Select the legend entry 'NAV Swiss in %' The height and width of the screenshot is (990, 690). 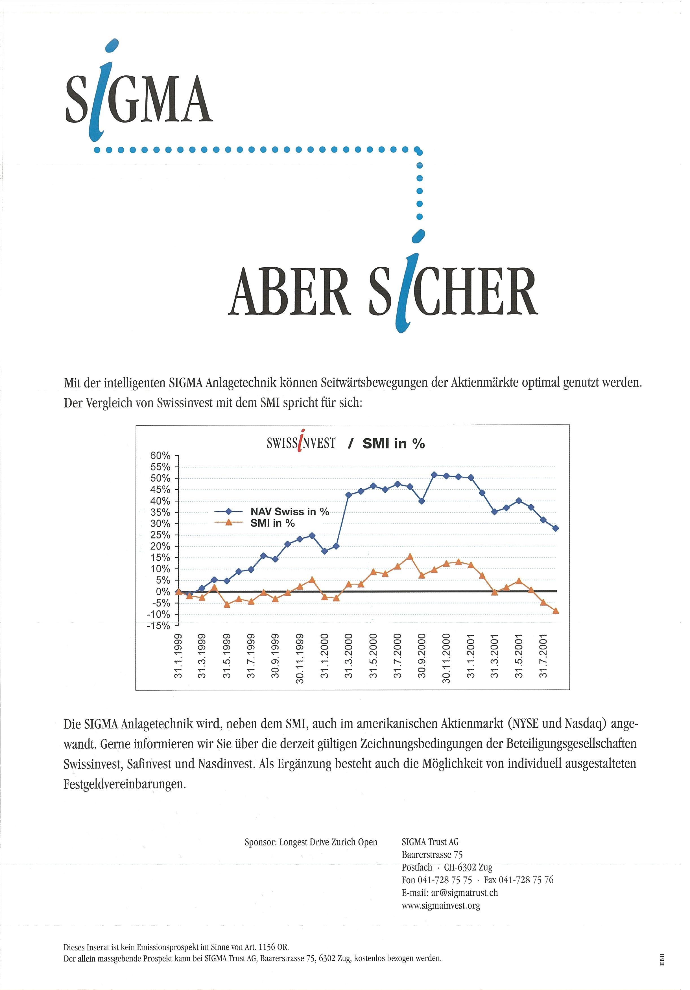290,512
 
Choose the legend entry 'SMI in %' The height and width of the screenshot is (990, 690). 272,523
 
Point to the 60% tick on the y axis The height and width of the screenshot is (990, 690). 160,456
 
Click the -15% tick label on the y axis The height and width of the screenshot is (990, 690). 158,626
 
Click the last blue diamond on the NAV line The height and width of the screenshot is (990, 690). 556,528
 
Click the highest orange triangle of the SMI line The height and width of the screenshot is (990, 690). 410,557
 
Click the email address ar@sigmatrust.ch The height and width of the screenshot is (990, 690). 449,893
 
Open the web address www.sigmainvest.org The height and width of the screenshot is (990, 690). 440,906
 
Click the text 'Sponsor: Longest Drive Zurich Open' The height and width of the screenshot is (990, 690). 311,842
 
